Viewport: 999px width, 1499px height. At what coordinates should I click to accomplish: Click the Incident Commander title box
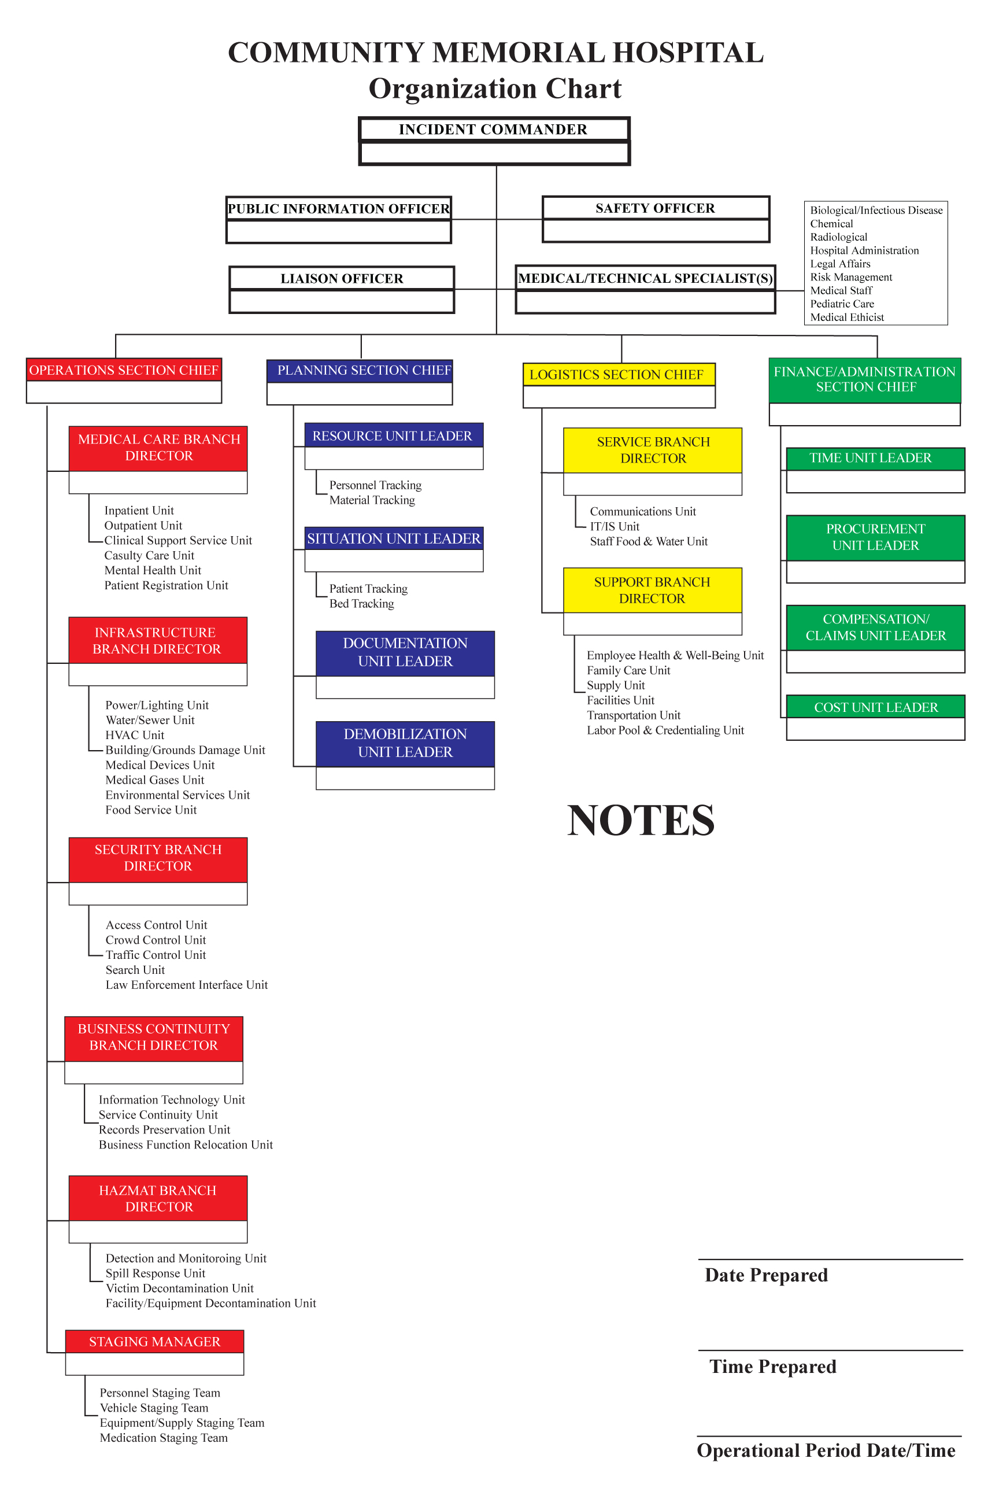(494, 129)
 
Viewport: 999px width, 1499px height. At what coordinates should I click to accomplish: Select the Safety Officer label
(655, 208)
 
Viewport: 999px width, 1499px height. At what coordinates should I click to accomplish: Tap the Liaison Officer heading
(342, 279)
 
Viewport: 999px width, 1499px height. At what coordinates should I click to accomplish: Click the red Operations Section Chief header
(124, 370)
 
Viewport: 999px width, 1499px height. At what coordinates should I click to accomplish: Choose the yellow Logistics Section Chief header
(618, 374)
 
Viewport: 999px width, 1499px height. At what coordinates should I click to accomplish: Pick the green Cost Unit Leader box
(875, 707)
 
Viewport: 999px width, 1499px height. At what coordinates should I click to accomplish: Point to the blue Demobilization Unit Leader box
(405, 743)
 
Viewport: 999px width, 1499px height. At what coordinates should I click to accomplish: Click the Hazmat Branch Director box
(158, 1198)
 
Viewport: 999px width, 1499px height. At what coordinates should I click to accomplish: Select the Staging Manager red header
(154, 1342)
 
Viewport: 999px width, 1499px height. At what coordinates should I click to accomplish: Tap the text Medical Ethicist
(847, 317)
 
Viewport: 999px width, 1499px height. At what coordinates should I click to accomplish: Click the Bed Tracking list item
(361, 604)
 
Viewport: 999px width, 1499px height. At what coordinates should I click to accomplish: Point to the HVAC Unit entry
(135, 735)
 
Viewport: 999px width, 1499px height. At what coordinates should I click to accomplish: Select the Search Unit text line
(135, 969)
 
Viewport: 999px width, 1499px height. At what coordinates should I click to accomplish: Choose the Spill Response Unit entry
(156, 1273)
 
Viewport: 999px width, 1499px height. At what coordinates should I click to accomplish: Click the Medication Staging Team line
(164, 1437)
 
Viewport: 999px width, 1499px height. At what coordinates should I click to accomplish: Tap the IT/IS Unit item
(614, 526)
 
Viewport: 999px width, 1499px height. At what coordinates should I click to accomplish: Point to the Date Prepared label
(767, 1275)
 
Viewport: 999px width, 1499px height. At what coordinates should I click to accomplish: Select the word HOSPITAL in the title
(688, 52)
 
